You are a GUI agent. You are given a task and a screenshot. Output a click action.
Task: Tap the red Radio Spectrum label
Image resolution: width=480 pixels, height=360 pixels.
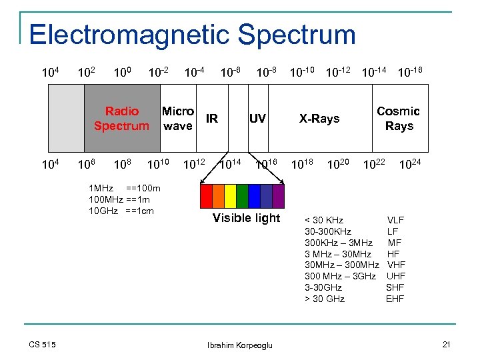click(x=121, y=119)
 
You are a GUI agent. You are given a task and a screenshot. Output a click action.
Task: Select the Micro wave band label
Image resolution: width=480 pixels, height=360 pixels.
click(x=177, y=119)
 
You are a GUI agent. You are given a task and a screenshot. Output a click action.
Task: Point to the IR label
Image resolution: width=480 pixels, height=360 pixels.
click(x=212, y=119)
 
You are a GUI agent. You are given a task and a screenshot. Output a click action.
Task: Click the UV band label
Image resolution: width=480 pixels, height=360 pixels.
click(x=257, y=119)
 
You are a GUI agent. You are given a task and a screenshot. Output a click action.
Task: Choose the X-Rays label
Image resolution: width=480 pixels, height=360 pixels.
click(x=319, y=119)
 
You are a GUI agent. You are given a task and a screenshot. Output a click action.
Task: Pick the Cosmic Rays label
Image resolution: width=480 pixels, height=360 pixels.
click(x=398, y=119)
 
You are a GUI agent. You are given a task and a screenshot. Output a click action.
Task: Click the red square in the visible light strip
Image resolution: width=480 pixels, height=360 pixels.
click(x=207, y=195)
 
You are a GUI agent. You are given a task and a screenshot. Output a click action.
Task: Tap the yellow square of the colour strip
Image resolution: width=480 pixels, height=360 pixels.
click(x=231, y=195)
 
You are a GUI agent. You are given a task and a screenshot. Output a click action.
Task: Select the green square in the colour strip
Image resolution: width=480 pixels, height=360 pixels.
click(x=243, y=195)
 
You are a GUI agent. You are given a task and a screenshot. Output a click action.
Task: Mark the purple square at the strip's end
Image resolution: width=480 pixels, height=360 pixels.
click(x=278, y=195)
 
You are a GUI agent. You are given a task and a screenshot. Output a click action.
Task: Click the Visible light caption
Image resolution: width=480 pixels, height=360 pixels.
click(x=246, y=218)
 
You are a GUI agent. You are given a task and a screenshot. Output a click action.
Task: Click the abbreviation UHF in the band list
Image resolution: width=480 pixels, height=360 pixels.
click(x=396, y=276)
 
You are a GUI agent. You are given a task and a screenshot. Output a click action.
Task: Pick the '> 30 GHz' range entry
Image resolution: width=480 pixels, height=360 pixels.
click(x=325, y=299)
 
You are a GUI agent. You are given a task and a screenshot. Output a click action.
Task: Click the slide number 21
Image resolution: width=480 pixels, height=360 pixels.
click(x=447, y=343)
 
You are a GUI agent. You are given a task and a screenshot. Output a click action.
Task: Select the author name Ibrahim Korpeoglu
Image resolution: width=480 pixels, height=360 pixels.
click(x=240, y=345)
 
